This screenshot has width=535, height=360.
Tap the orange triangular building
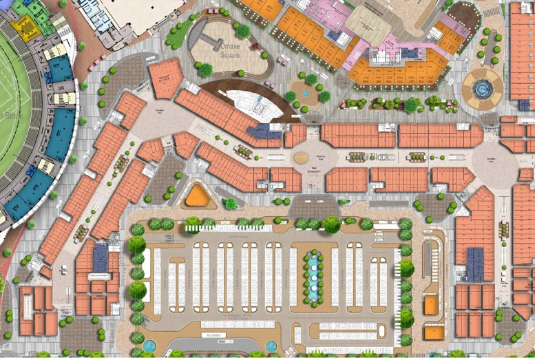pos(198,195)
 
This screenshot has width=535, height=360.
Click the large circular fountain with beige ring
pos(482,88)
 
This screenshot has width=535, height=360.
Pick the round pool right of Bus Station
pos(271,346)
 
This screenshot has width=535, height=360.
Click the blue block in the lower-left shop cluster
pos(101,258)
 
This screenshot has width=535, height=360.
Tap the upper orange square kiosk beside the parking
pos(431,304)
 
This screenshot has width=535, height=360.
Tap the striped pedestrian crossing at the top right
pos(492,12)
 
